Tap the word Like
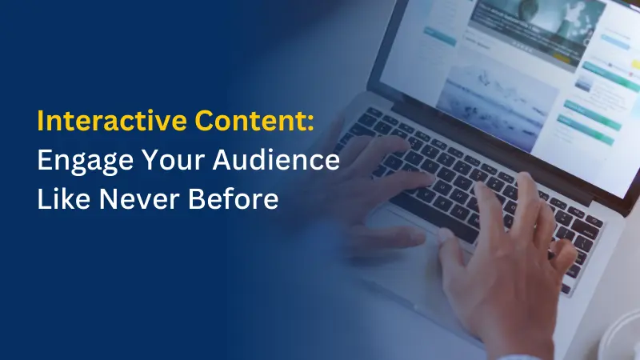click(62, 198)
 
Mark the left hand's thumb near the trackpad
click(392, 237)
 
